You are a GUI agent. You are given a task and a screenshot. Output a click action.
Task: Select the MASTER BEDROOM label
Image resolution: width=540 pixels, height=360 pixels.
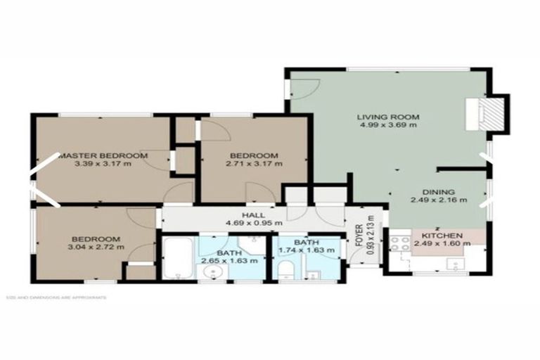(x=103, y=155)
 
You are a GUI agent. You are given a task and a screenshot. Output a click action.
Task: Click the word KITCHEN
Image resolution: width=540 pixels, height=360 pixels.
(x=441, y=236)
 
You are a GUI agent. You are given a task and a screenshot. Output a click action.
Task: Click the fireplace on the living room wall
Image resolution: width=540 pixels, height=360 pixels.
(x=494, y=112)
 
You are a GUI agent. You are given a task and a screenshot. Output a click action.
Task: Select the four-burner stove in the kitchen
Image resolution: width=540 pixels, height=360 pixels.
(x=401, y=244)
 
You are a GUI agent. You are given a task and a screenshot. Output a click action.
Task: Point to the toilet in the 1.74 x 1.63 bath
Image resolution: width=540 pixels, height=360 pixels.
(x=286, y=269)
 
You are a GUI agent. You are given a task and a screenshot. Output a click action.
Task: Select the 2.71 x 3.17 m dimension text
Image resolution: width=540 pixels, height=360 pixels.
(x=254, y=164)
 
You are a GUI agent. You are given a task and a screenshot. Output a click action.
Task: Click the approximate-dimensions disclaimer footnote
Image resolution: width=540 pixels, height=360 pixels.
(x=56, y=297)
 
